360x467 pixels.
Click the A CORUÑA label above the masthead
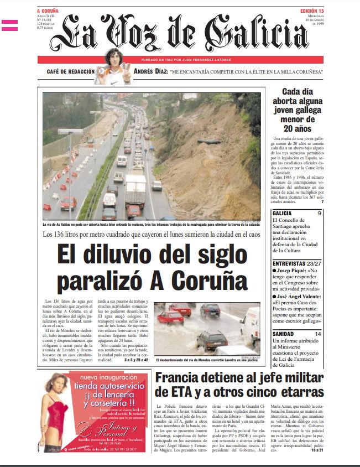coord(48,11)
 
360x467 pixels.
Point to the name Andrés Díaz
coord(149,72)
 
